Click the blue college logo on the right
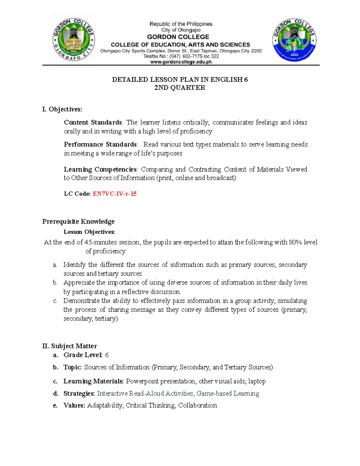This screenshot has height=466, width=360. click(294, 40)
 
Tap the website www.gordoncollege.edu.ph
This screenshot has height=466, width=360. click(181, 62)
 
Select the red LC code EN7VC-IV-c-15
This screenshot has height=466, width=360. click(115, 194)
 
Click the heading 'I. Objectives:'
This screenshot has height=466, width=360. click(62, 109)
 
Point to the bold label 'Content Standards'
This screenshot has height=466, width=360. click(93, 122)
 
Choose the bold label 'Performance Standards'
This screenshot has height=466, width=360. click(100, 144)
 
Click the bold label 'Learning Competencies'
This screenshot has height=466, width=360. click(100, 170)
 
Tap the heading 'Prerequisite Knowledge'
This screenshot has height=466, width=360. click(78, 221)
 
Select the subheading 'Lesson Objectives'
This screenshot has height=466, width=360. click(89, 232)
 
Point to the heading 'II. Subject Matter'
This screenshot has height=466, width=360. click(70, 346)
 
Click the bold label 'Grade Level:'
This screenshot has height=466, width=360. click(83, 355)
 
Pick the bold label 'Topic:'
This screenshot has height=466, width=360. click(73, 367)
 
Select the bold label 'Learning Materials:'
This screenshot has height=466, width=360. click(93, 381)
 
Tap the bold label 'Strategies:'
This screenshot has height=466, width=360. click(79, 393)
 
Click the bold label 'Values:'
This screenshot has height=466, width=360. click(74, 405)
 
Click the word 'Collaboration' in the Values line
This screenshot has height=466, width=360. click(197, 405)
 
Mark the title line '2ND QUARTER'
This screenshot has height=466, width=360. click(180, 88)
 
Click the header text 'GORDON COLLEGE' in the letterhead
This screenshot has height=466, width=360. click(178, 37)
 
